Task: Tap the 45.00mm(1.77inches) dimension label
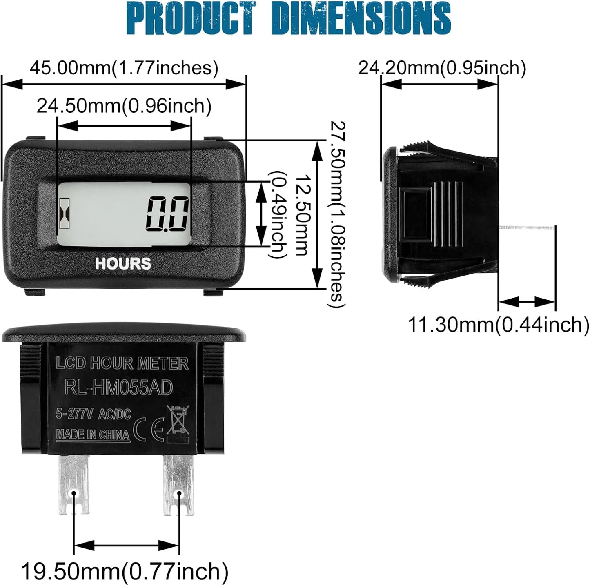point(124,68)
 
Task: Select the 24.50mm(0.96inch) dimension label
point(124,106)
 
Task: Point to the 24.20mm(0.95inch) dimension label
point(442,68)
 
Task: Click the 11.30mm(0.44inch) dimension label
point(498,325)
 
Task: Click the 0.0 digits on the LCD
point(168,214)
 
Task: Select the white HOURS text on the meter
point(123,264)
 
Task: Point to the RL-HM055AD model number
point(119,388)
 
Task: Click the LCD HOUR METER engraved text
point(122,363)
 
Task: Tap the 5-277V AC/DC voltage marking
point(94,414)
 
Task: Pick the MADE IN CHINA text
point(93,434)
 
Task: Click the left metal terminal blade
point(74,484)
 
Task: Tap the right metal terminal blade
point(178,484)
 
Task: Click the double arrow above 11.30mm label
point(527,302)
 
